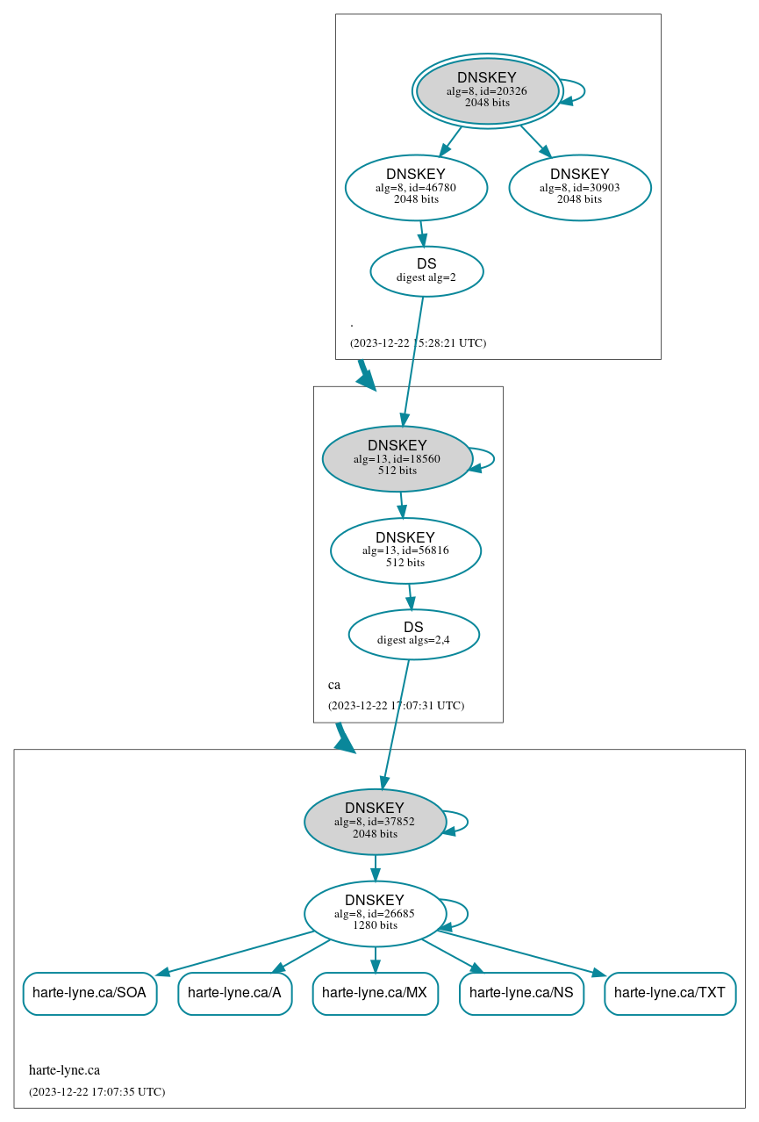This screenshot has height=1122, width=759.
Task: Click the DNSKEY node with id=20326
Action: coord(487,90)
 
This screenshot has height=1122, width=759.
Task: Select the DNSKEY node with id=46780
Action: coord(416,187)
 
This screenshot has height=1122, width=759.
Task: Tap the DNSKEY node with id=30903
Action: coord(580,187)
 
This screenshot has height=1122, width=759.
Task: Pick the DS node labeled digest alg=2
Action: coord(426,271)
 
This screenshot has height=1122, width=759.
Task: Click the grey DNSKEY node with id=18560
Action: coord(397,458)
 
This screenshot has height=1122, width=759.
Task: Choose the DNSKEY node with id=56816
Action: coord(405,550)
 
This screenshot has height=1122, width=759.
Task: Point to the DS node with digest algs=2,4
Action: coord(413,634)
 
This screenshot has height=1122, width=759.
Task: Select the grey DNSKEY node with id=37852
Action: coord(375,822)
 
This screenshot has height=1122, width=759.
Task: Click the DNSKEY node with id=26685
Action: coord(375,914)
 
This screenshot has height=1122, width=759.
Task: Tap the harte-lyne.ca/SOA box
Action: coord(90,993)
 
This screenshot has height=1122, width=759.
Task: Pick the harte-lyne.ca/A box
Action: coord(234,993)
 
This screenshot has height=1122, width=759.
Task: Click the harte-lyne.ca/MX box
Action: coord(375,993)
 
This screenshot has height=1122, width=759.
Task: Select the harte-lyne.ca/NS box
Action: coord(521,993)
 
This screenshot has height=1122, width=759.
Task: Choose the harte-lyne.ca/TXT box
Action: coord(669,993)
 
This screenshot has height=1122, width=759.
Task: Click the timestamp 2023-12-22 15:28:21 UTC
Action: coord(418,343)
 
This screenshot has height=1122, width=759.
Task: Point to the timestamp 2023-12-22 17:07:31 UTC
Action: coord(396,706)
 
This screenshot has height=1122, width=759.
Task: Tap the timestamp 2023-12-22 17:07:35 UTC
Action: coord(97,1092)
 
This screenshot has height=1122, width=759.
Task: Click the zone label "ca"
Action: coord(334,685)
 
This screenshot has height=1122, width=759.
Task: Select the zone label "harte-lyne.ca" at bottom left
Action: coord(64,1070)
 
